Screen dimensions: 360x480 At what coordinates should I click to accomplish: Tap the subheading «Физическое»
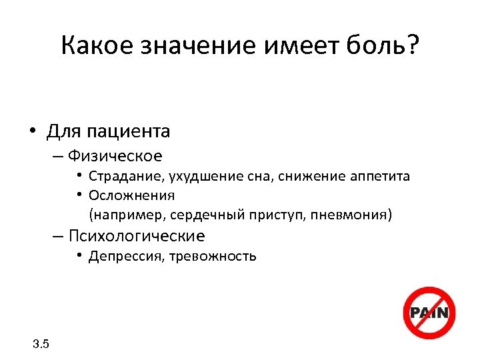114,156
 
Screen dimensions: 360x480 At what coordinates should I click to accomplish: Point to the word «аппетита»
379,177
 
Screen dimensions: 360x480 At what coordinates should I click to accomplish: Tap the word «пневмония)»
351,215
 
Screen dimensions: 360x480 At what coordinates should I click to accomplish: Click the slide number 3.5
41,344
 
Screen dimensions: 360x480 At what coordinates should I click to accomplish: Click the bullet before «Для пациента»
32,131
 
